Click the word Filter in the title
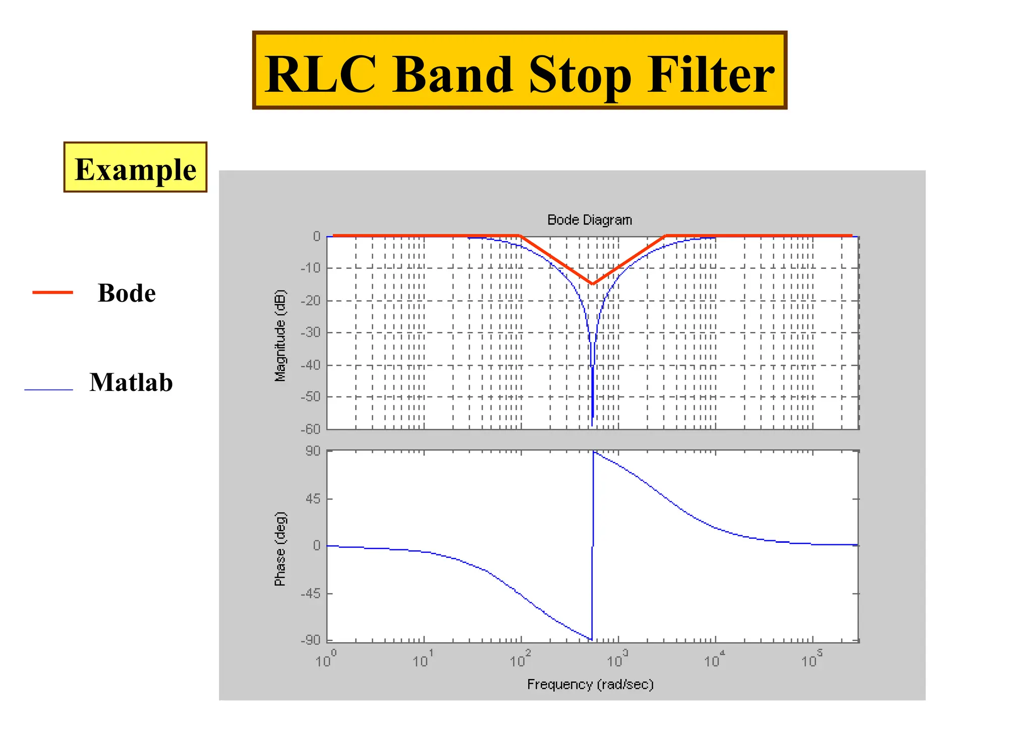pos(710,75)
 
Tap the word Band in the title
pos(452,75)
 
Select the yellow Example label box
pos(135,167)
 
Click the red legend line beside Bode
pos(52,293)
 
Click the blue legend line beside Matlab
pos(49,390)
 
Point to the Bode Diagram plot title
pos(589,220)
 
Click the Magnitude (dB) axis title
pos(280,335)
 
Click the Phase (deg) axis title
pos(280,549)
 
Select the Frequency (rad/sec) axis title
pos(590,685)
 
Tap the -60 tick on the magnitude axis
pos(311,429)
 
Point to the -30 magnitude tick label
pos(311,332)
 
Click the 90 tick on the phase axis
pos(313,451)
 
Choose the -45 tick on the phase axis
pos(311,593)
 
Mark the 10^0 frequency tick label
pos(326,660)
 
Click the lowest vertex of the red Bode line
pos(593,284)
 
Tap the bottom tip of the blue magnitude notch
pos(592,425)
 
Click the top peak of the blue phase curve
pos(594,452)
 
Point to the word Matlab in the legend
pos(131,382)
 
